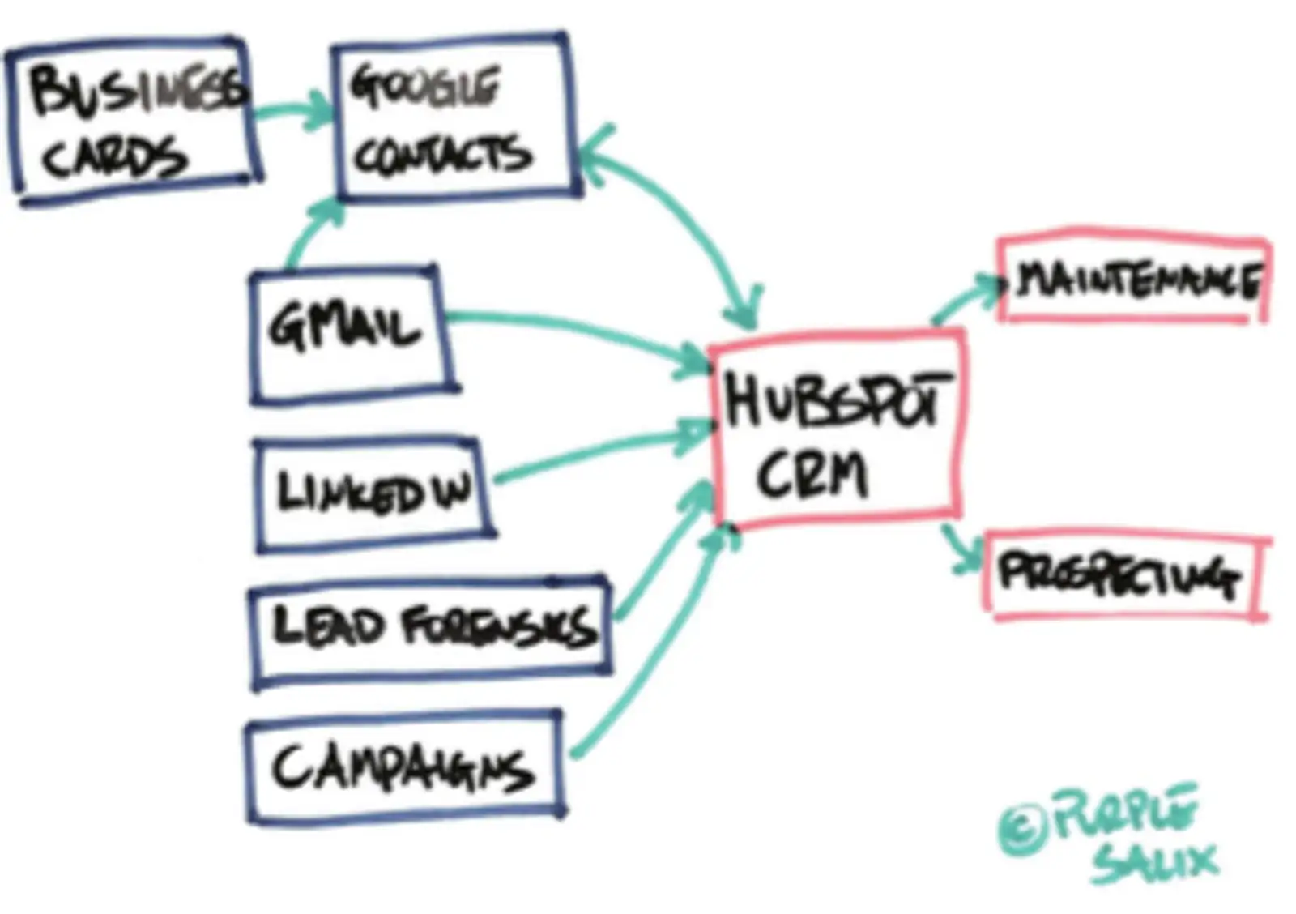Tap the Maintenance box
click(x=1134, y=280)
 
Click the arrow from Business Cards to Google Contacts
click(x=292, y=112)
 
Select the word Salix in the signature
click(x=1154, y=863)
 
